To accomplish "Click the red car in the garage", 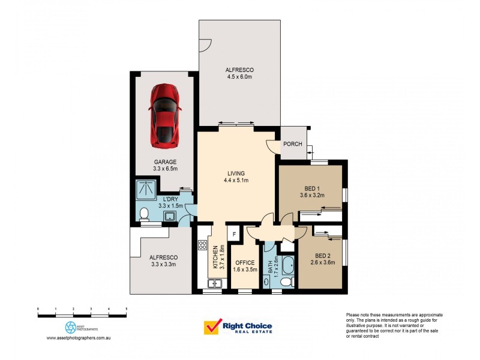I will click(165, 116).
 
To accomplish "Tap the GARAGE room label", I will click(165, 162).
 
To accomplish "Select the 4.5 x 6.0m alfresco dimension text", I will click(239, 76).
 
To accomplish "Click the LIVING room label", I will click(236, 173).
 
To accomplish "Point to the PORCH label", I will click(293, 144).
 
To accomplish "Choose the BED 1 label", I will click(311, 187).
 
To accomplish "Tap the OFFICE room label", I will click(245, 263).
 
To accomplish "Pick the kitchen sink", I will click(213, 283).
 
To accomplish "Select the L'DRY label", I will click(172, 199).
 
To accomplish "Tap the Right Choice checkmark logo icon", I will click(211, 327).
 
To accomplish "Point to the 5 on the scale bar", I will click(126, 308).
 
